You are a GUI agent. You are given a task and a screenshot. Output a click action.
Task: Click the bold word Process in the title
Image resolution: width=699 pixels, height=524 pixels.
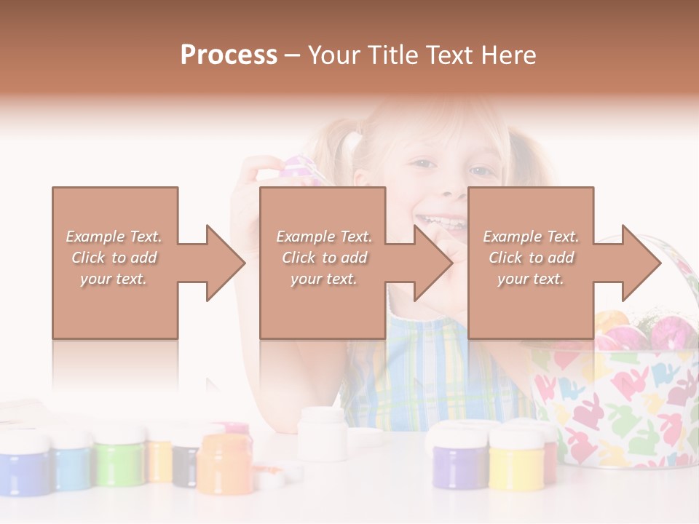tap(229, 55)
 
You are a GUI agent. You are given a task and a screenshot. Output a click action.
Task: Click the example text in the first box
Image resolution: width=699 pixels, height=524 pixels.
tap(114, 258)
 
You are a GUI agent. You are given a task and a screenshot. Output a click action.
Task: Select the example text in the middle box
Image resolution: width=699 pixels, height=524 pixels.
tap(323, 258)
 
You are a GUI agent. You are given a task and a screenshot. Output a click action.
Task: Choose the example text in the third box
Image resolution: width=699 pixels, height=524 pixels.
tap(531, 258)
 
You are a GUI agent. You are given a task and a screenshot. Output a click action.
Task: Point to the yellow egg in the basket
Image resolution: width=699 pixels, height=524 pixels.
tap(610, 322)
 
